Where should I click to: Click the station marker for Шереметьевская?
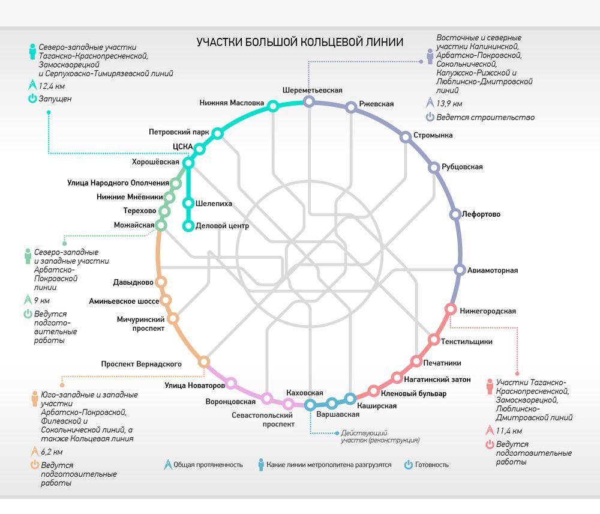[x=309, y=102]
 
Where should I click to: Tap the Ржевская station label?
[x=376, y=104]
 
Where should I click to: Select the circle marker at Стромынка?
[x=406, y=136]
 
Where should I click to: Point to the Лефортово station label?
[x=481, y=214]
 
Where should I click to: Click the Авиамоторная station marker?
[x=460, y=270]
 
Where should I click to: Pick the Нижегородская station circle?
[x=450, y=309]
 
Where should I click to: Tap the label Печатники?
[x=442, y=363]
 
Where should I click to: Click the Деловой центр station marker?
[x=188, y=226]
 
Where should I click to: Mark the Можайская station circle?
[x=161, y=225]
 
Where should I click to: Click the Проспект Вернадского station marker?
[x=204, y=361]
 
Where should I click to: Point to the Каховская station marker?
[x=310, y=404]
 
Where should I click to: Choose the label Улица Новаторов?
[x=189, y=385]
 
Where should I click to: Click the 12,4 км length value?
[x=52, y=86]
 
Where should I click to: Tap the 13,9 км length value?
[x=449, y=103]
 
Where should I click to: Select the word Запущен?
[x=55, y=98]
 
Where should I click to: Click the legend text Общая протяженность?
[x=208, y=465]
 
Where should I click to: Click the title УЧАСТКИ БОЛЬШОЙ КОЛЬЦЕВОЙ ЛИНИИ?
[x=300, y=42]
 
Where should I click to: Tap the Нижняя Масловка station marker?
[x=273, y=106]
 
